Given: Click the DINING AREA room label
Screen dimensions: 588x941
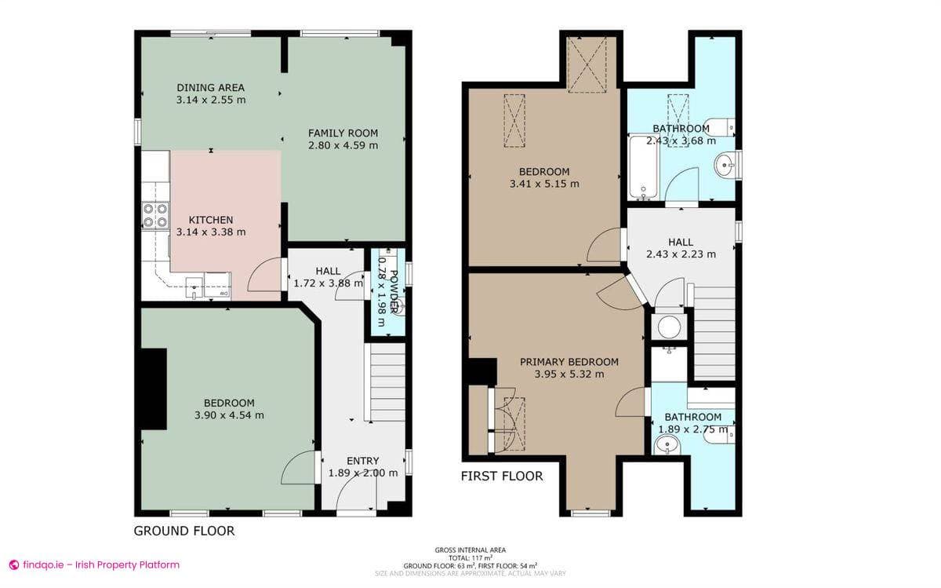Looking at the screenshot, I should (x=210, y=87).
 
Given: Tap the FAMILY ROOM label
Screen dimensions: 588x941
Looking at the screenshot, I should (x=343, y=133).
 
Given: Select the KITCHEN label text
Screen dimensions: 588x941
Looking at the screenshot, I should (x=210, y=220).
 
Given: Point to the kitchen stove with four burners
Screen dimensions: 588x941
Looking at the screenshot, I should (x=155, y=215).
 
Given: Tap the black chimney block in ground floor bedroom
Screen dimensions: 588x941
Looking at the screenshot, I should (x=154, y=389).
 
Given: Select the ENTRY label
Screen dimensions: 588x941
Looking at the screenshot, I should (x=362, y=461).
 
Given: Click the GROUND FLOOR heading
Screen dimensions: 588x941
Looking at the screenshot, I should (x=184, y=531).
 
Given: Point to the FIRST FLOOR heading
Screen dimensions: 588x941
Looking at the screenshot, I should (x=502, y=476).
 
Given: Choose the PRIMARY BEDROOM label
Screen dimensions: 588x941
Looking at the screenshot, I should (x=569, y=362).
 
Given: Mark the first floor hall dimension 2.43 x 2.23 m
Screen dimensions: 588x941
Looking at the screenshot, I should (x=681, y=254).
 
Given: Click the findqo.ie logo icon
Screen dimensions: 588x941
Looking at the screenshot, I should (x=13, y=564).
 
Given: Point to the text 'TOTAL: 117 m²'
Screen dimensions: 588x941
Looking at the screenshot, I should (x=470, y=557).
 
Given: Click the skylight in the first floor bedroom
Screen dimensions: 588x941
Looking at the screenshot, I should (x=514, y=119).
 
